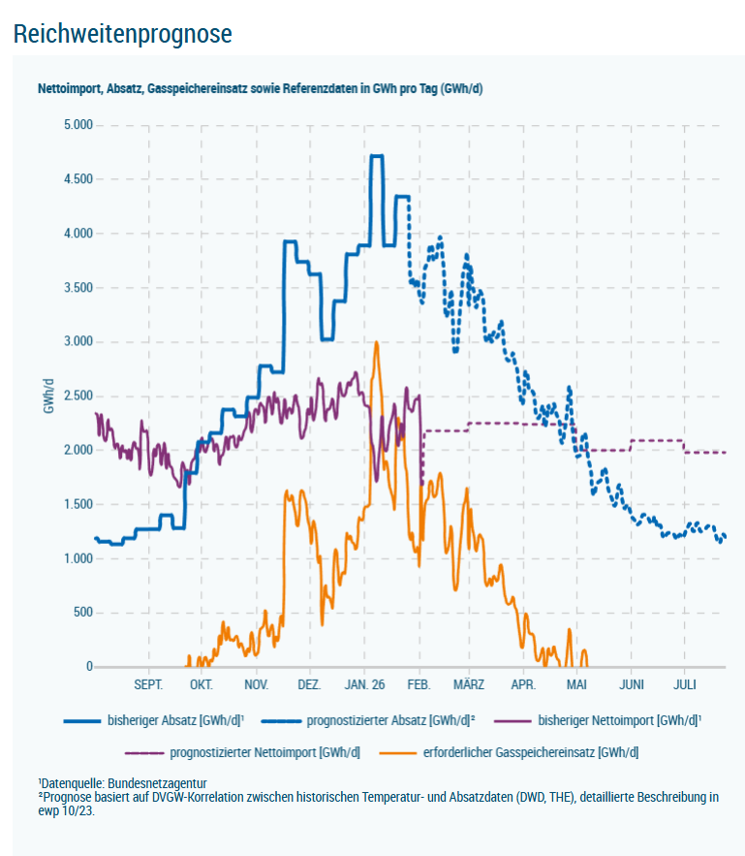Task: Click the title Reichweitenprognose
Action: click(x=123, y=34)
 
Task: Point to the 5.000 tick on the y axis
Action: click(x=77, y=125)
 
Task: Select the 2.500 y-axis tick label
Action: click(x=77, y=396)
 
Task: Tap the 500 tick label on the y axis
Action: click(x=81, y=612)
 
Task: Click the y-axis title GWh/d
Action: click(x=47, y=396)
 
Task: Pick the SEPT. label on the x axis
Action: click(x=148, y=684)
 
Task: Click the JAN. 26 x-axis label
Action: click(x=363, y=684)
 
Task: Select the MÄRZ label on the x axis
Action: click(x=469, y=684)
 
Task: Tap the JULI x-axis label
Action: click(x=684, y=684)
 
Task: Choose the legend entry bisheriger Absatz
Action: click(x=175, y=721)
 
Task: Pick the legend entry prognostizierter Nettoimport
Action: click(x=264, y=751)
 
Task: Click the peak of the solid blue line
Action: click(x=377, y=156)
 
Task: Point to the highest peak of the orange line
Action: click(x=376, y=342)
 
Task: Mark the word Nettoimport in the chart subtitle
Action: click(x=69, y=88)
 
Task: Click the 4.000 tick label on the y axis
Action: click(x=77, y=234)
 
